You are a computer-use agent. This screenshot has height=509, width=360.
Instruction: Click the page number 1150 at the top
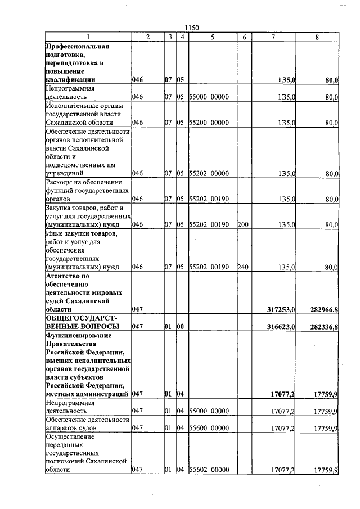(x=192, y=28)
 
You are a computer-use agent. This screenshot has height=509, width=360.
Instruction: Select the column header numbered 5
(x=213, y=37)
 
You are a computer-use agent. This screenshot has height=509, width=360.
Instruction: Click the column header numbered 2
(x=147, y=37)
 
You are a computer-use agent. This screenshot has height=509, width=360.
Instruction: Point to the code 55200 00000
(x=209, y=122)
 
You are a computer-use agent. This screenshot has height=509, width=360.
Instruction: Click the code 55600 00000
(x=209, y=428)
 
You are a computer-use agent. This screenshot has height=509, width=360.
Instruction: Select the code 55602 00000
(x=209, y=470)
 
